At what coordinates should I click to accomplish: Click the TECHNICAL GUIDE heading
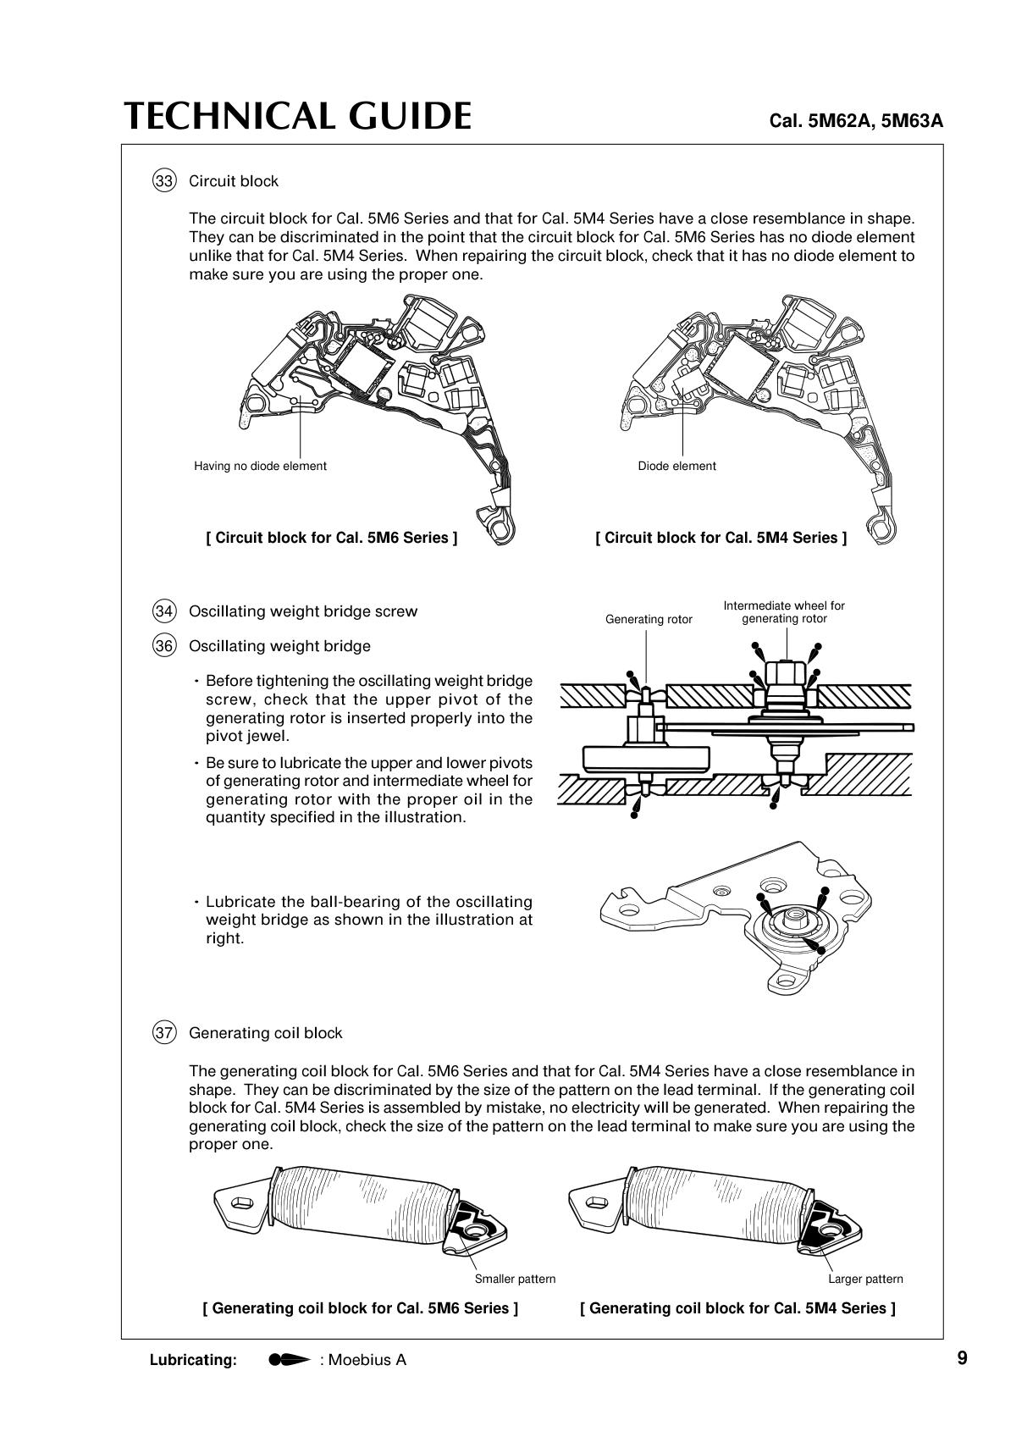297,116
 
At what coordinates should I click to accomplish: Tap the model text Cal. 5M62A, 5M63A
855,121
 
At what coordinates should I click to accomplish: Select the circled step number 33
164,181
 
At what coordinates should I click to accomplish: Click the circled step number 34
164,611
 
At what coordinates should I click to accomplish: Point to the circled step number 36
164,646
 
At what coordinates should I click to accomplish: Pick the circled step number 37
164,1033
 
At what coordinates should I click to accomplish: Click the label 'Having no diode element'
260,466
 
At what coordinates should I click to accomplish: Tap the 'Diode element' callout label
676,466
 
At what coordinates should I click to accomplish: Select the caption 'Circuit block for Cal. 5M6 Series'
331,538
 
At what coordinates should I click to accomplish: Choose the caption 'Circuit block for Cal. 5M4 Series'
721,538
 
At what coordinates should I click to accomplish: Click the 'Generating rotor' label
649,620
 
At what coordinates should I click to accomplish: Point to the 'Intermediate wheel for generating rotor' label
784,612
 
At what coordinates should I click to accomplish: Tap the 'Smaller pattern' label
515,1279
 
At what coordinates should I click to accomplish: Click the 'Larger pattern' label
865,1279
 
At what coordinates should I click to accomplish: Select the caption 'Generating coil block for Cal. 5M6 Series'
361,1308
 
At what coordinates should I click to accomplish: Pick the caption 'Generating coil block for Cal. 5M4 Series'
737,1308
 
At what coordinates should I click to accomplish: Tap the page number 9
962,1358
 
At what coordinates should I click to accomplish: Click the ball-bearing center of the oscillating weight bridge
797,916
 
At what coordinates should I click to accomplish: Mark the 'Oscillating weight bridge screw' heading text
303,611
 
